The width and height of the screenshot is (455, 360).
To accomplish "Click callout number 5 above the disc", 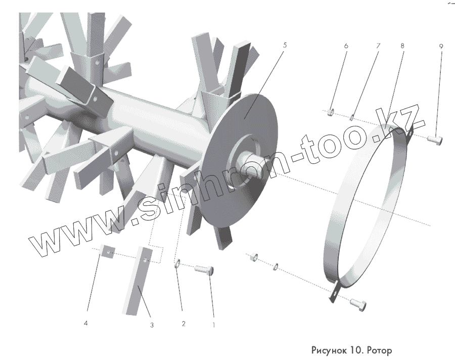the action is tap(285, 46).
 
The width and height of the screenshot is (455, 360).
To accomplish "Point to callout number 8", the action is tap(402, 46).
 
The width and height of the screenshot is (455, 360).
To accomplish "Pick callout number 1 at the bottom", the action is tap(213, 325).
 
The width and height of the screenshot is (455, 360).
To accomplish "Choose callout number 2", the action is tap(184, 323).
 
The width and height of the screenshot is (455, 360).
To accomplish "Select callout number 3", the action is tap(151, 325).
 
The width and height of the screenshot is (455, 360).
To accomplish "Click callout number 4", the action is tap(86, 322).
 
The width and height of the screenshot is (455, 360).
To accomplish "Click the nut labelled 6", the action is tap(330, 111).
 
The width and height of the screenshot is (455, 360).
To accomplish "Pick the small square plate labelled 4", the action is tap(108, 251).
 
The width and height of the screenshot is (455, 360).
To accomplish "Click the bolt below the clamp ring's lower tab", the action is tap(358, 303).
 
